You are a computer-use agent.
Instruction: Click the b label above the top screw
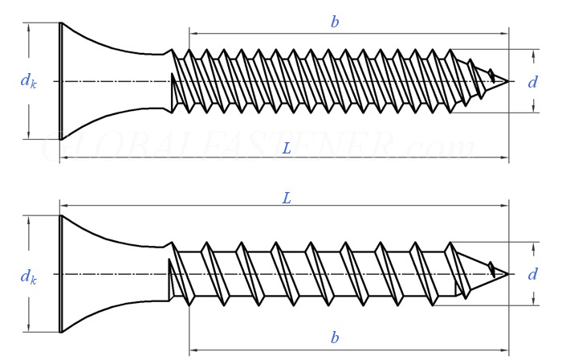point(335,22)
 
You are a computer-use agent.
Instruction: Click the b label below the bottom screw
point(335,337)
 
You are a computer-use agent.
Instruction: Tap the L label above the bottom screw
point(286,198)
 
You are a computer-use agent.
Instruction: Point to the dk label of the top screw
point(28,80)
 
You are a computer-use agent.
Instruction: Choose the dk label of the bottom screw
point(28,276)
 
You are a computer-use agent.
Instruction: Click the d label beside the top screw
point(532,82)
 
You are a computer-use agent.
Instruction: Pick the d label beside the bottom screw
point(532,275)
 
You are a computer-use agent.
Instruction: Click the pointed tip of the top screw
point(506,80)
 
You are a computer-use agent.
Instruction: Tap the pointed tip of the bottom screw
point(506,273)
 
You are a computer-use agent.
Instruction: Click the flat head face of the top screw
point(61,80)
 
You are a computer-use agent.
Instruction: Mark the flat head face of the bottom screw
point(61,273)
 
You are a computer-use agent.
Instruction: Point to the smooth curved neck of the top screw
point(120,80)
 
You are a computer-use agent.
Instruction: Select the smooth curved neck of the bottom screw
point(120,273)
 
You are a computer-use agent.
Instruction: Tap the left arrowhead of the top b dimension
point(193,34)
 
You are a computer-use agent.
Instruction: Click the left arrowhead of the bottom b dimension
point(193,350)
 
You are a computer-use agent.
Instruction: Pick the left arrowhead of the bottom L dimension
point(65,207)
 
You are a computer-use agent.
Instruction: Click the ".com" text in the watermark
point(438,148)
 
